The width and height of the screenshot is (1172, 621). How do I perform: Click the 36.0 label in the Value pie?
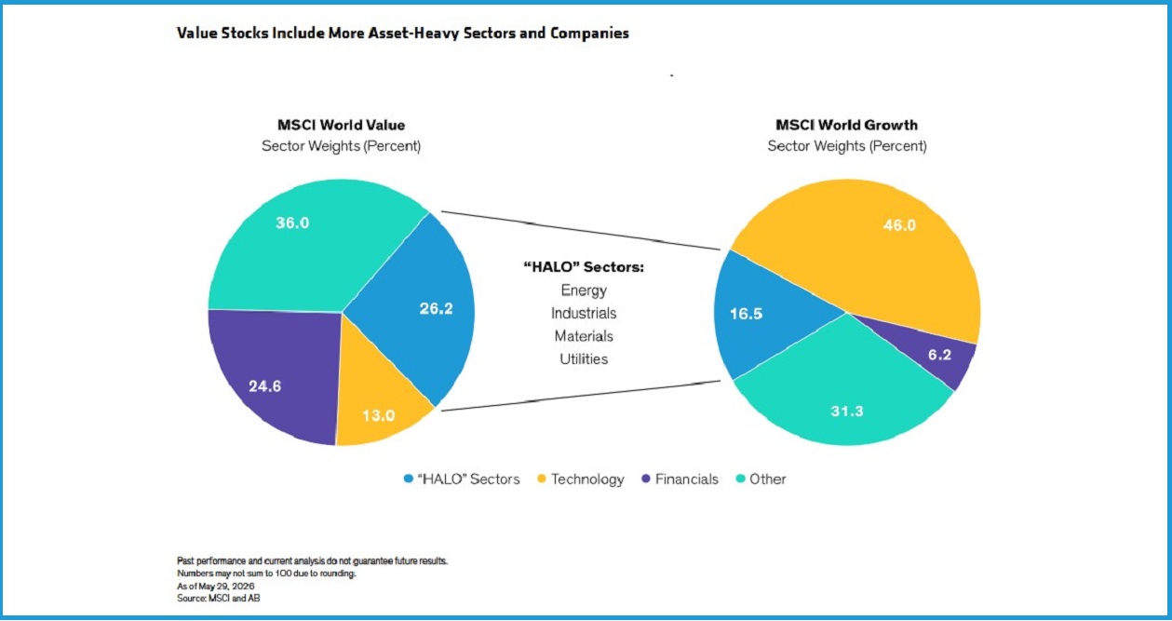tap(292, 223)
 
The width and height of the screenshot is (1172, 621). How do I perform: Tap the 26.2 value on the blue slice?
tap(436, 309)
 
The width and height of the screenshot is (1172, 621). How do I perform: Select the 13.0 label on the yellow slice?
tap(378, 416)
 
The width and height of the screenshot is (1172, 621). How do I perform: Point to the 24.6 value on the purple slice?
tap(264, 386)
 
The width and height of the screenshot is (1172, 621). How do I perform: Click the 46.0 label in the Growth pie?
tap(899, 225)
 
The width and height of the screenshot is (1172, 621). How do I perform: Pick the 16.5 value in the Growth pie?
tap(746, 314)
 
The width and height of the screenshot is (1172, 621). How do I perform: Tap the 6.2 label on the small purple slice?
tap(939, 356)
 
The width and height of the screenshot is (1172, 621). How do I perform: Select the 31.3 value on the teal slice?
tap(847, 412)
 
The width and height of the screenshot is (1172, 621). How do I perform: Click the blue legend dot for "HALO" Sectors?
tap(409, 479)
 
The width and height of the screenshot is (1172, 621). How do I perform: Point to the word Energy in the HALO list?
tap(584, 290)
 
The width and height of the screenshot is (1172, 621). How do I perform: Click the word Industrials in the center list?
tap(584, 314)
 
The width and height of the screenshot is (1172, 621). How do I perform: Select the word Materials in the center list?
tap(584, 336)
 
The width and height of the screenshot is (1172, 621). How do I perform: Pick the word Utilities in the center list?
tap(584, 358)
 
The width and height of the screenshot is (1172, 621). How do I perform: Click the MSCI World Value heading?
tap(341, 125)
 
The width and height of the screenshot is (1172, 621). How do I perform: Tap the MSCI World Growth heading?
tap(846, 125)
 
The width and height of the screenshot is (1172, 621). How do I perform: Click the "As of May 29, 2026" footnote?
tap(216, 586)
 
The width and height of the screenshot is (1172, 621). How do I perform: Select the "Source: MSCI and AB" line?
tap(218, 598)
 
